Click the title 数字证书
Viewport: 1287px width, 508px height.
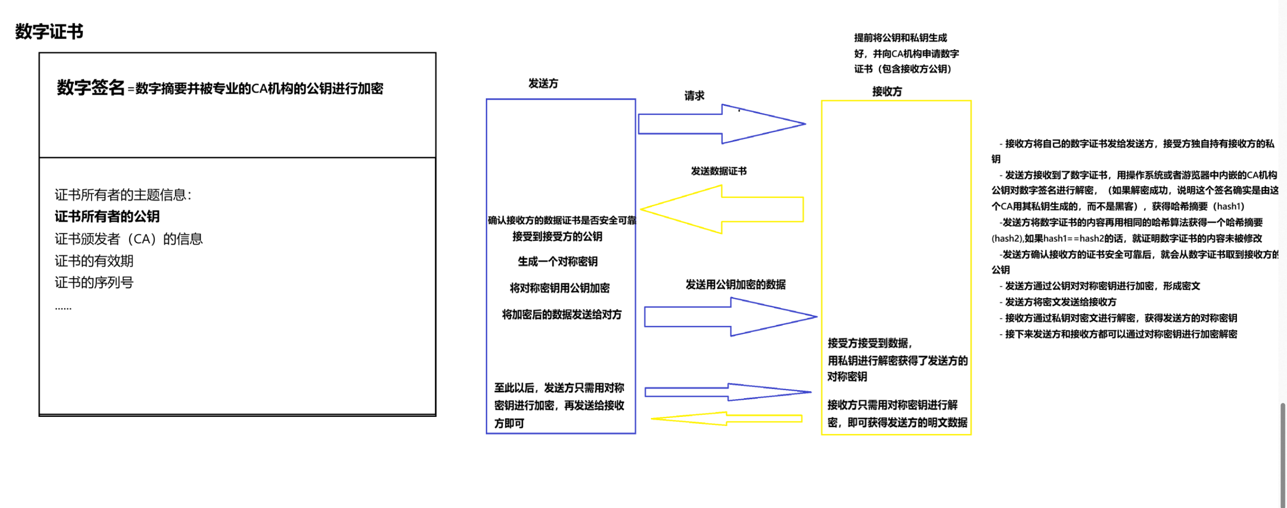click(x=49, y=31)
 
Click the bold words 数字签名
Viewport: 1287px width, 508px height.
click(x=90, y=88)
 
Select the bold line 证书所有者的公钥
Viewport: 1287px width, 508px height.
click(x=107, y=217)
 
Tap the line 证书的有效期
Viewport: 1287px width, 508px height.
click(x=94, y=261)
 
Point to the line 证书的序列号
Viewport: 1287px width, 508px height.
click(x=94, y=282)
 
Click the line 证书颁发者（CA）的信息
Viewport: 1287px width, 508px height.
click(x=129, y=239)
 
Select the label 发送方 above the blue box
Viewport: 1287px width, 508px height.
click(x=543, y=83)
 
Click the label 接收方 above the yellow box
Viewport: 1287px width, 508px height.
click(x=887, y=92)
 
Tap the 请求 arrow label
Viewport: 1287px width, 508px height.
click(x=694, y=96)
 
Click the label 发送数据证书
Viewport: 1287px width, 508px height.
click(x=719, y=171)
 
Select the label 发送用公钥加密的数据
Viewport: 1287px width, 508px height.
click(x=735, y=284)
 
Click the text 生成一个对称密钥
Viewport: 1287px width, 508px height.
click(x=557, y=262)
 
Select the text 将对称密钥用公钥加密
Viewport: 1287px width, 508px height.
click(x=559, y=288)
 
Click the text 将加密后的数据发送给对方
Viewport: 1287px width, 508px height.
click(x=561, y=315)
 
